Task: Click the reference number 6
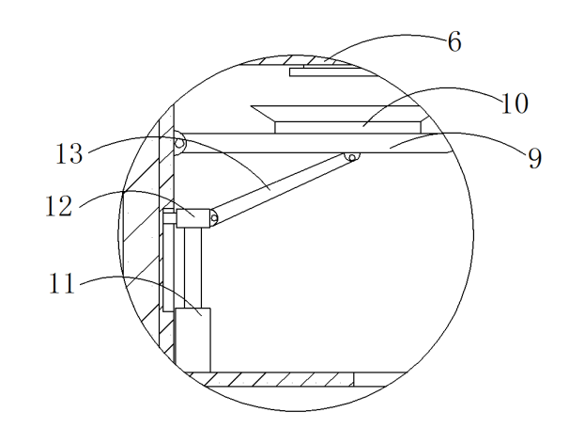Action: pos(454,41)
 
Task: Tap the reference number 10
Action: pos(515,103)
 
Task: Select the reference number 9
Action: pos(534,158)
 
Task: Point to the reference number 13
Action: pos(69,153)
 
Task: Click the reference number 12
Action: pos(58,206)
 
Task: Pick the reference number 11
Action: pos(62,283)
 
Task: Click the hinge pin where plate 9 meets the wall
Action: pos(179,143)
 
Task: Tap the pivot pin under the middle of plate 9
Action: pos(352,157)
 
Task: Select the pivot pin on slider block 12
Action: pos(214,218)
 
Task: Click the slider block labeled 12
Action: pos(193,218)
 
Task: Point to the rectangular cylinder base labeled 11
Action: pos(192,341)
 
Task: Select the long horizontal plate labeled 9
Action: pos(314,143)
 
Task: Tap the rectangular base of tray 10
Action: pos(348,127)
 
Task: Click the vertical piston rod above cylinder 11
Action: pos(192,267)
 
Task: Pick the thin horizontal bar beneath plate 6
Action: pos(334,72)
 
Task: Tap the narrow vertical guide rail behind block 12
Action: pos(169,261)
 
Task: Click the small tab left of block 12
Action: pos(170,218)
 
